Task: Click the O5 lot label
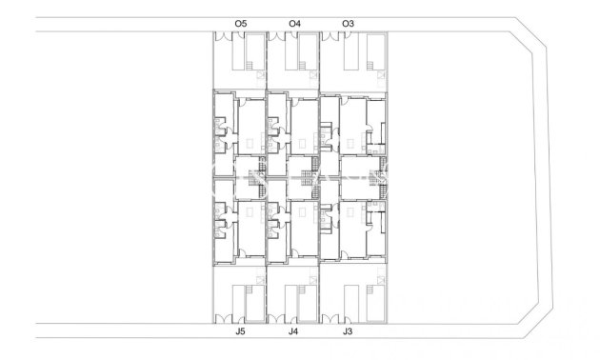[x=240, y=22]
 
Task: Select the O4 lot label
[x=294, y=22]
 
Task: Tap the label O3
[x=348, y=22]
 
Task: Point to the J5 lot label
[x=240, y=333]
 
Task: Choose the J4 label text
[x=293, y=333]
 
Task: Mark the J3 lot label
[x=348, y=333]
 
